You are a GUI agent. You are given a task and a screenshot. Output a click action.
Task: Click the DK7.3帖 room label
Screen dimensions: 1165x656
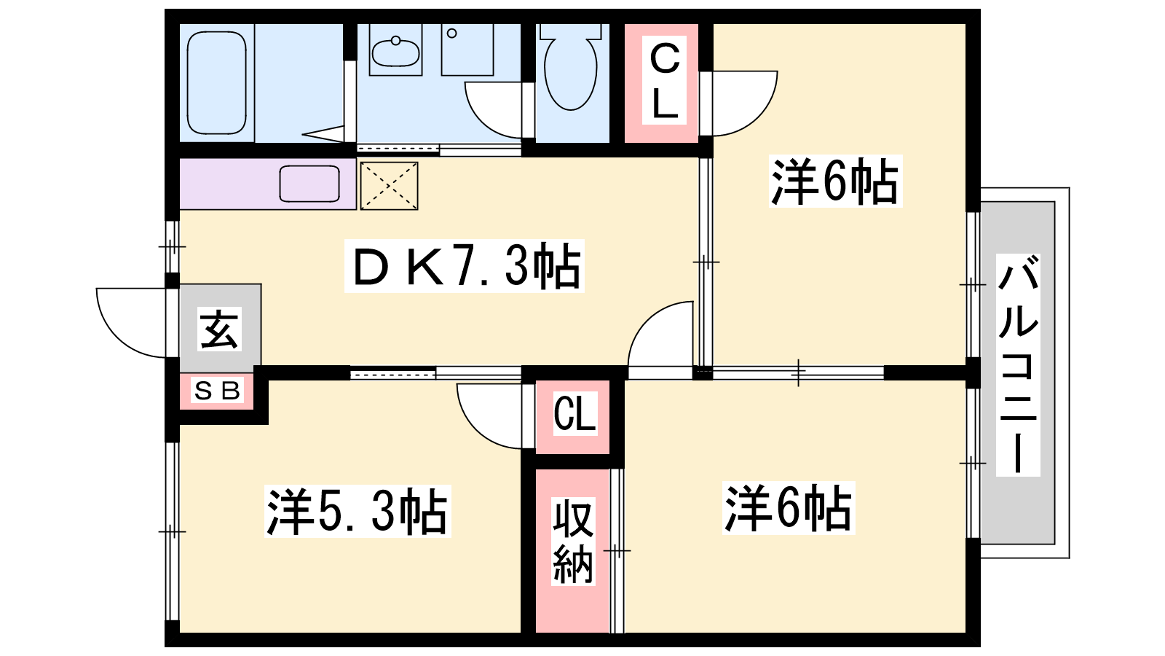tap(465, 266)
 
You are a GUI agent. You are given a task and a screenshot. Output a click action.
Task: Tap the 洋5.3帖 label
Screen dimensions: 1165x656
tap(358, 511)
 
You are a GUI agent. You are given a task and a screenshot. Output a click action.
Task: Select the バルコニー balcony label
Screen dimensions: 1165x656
tap(1018, 365)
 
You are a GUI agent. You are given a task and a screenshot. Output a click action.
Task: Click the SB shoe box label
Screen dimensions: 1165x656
tap(217, 391)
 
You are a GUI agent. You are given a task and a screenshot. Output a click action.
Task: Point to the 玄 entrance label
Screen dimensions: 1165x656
tap(219, 329)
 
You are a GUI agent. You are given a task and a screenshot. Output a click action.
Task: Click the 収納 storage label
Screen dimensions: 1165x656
tap(572, 542)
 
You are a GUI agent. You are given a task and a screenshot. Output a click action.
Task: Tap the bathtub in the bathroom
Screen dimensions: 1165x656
tap(216, 83)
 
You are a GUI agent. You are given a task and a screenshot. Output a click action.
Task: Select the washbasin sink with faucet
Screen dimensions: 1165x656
tap(395, 50)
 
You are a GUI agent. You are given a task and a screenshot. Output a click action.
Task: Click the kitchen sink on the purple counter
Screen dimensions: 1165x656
tap(309, 184)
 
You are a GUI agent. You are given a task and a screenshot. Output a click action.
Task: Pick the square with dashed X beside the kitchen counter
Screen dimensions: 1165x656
tap(389, 186)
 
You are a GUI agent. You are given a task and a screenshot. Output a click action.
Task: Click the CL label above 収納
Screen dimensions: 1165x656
tap(574, 413)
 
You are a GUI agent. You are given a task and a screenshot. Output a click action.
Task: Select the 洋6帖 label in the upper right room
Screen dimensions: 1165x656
tap(835, 181)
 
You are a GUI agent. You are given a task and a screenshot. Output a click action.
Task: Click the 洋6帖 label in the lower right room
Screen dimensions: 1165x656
tap(789, 507)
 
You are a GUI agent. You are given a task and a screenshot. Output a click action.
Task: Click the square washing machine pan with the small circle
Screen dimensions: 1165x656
tap(467, 50)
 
